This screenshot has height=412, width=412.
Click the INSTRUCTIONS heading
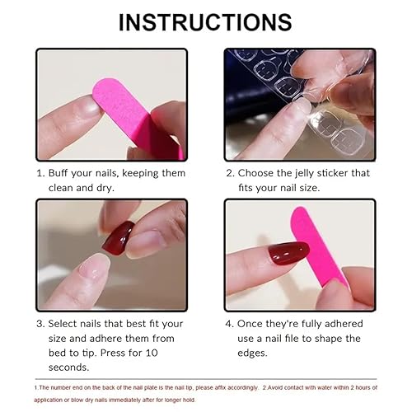tap(205, 21)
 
